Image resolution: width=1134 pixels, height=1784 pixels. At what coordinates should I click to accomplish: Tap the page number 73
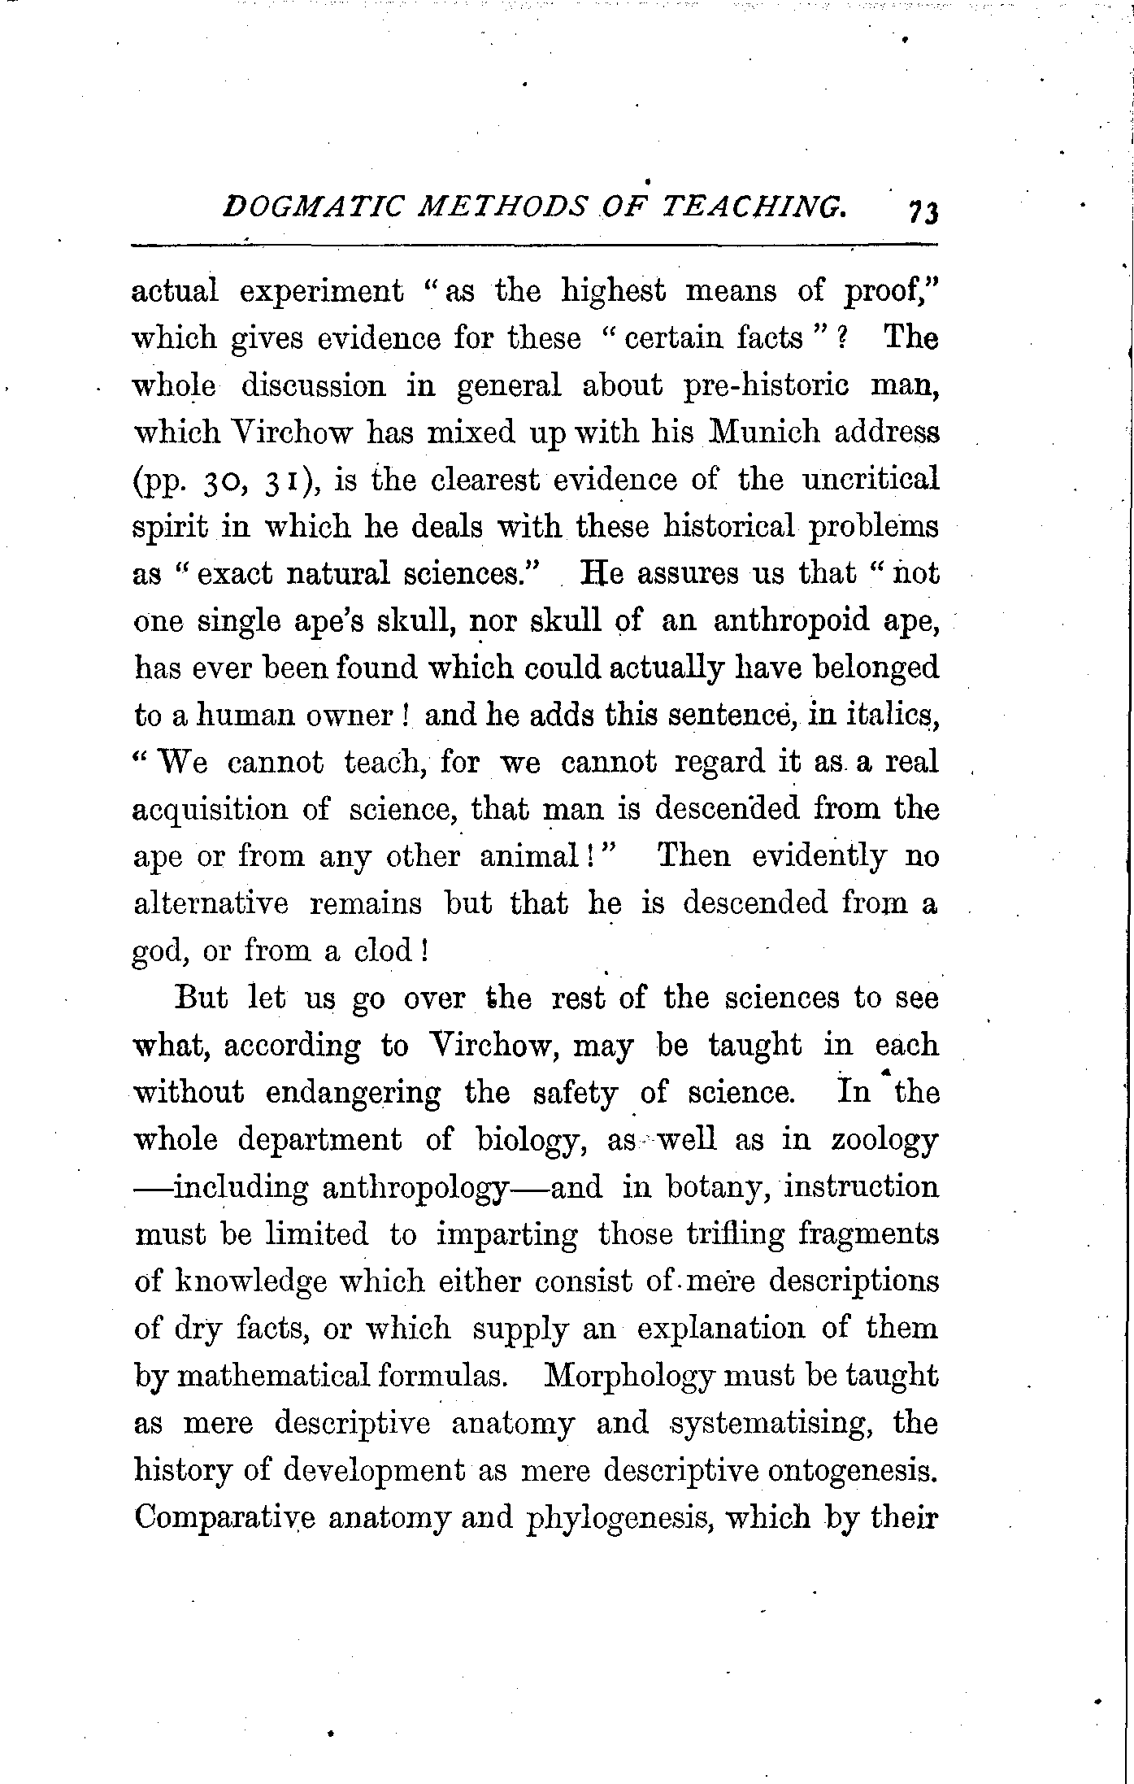pos(924,213)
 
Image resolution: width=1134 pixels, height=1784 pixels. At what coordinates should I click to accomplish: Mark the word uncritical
pos(871,480)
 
